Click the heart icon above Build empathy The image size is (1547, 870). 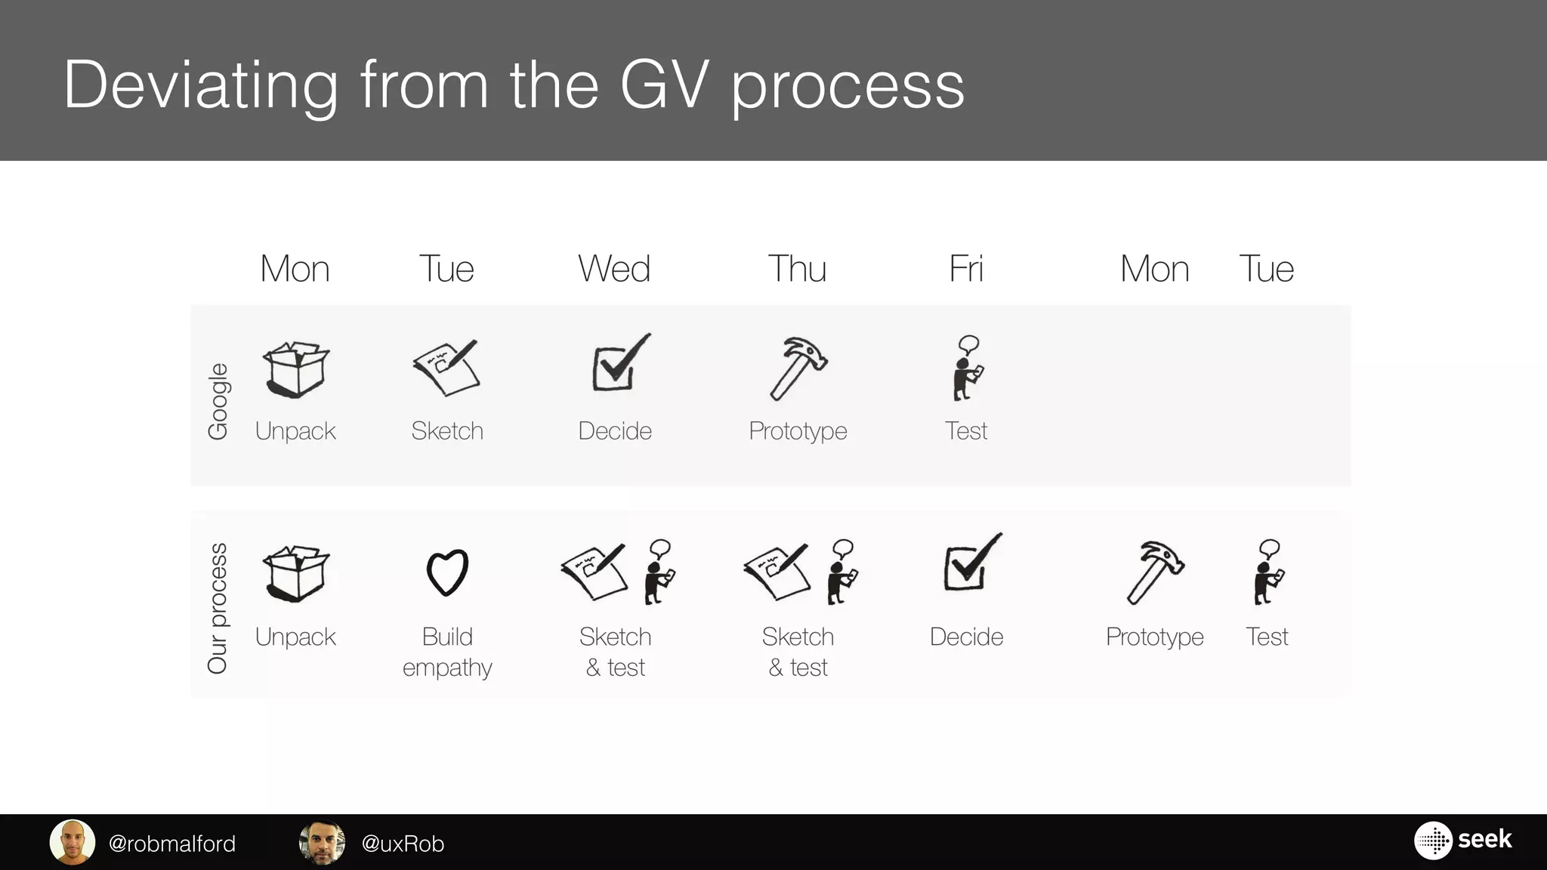tap(447, 572)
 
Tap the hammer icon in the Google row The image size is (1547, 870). tap(798, 368)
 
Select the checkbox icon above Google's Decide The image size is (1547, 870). tap(620, 363)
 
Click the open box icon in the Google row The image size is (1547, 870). tap(295, 369)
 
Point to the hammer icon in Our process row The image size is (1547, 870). tap(1154, 572)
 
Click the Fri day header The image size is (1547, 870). tap(965, 269)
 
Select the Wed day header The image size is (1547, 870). tap(614, 269)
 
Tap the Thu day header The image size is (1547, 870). tap(797, 269)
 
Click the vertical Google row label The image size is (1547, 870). tap(218, 401)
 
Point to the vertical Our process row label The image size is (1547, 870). tap(218, 608)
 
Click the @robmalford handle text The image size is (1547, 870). tap(172, 844)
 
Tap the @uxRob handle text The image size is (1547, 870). tap(403, 844)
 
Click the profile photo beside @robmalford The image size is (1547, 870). tap(73, 842)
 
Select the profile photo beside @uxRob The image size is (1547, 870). tap(323, 842)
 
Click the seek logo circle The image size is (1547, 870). tap(1432, 841)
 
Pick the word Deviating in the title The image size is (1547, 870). tap(201, 85)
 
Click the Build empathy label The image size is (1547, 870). tap(447, 652)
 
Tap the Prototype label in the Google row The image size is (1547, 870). tap(798, 431)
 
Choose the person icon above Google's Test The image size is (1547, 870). tap(967, 368)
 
